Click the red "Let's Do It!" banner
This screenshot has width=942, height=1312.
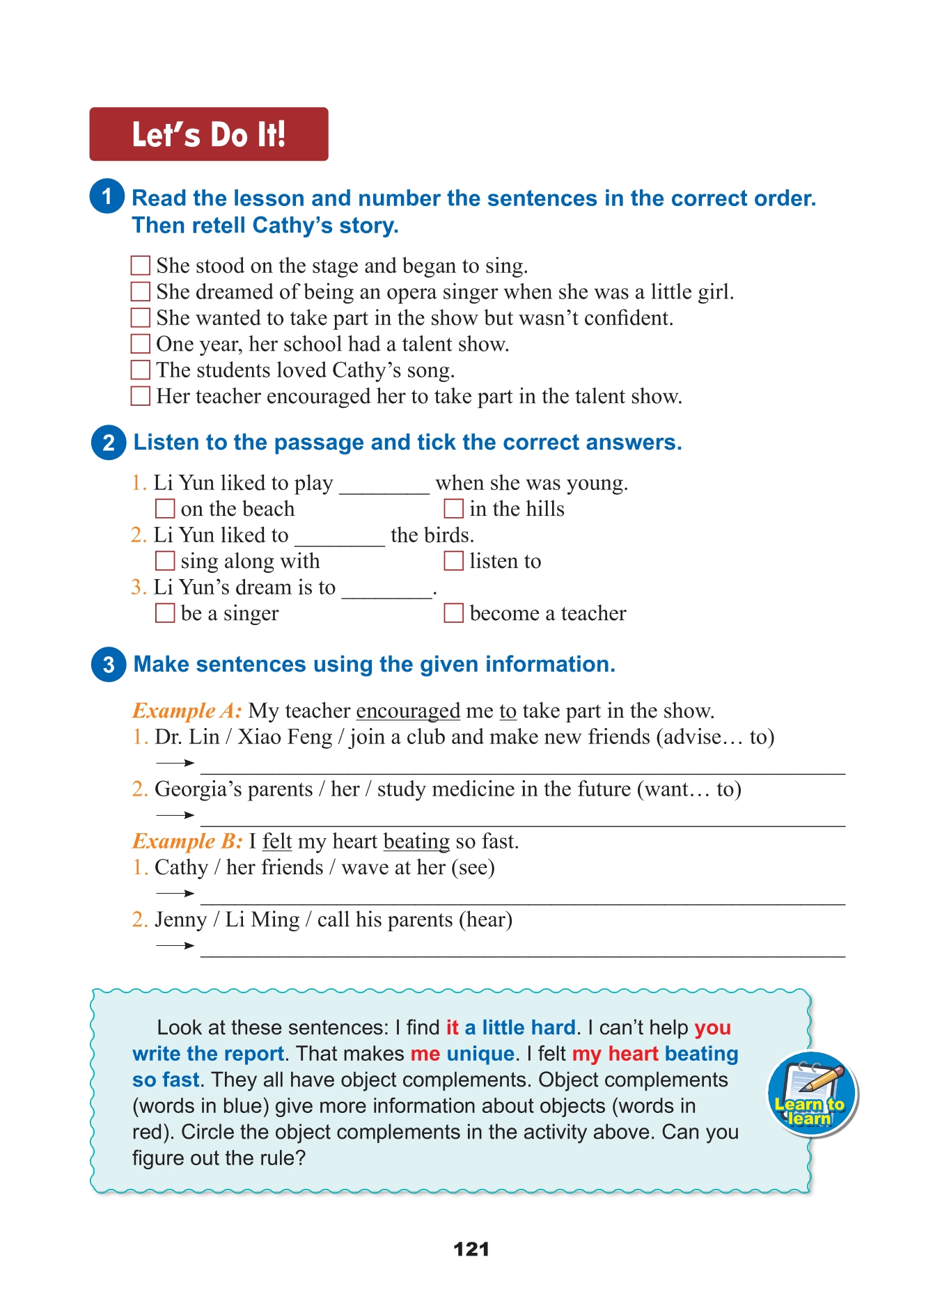click(x=208, y=134)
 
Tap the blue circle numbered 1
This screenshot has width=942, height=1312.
click(x=107, y=196)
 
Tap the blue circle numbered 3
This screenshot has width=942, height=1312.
click(x=109, y=664)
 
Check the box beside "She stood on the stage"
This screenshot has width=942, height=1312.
click(x=141, y=265)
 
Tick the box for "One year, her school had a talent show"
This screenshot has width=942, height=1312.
click(x=141, y=344)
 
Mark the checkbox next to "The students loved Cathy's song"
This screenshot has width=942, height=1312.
click(x=141, y=370)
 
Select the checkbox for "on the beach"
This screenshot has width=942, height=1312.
click(x=165, y=509)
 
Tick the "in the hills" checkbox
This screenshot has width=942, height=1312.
click(x=454, y=509)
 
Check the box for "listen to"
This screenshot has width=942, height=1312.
click(x=454, y=561)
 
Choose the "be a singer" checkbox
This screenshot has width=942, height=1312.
click(x=165, y=613)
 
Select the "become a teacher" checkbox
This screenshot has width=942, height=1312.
click(x=454, y=613)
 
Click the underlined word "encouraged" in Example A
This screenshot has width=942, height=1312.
click(x=408, y=711)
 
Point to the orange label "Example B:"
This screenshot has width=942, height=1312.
click(x=187, y=841)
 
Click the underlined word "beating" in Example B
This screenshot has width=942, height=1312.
click(x=416, y=841)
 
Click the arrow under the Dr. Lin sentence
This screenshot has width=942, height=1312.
click(x=175, y=764)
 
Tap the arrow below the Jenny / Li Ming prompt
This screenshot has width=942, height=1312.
click(x=175, y=946)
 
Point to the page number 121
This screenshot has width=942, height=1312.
click(x=471, y=1249)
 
